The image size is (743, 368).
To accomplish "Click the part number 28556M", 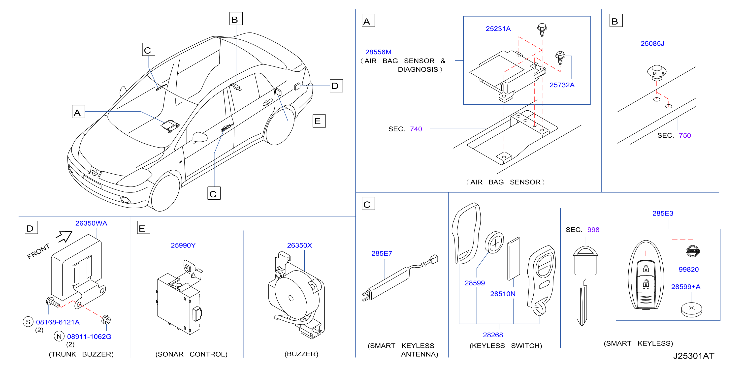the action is click(378, 52).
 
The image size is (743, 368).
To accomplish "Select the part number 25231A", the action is click(498, 29).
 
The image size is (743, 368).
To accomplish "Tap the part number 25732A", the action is click(562, 85).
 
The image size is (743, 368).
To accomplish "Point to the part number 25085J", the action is click(652, 44).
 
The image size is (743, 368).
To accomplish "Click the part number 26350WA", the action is click(91, 223).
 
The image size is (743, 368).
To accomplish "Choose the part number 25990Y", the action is click(183, 245).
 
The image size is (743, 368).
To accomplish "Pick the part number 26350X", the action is click(299, 245).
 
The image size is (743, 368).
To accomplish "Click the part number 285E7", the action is click(382, 253).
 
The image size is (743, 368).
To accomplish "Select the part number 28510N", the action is click(503, 294).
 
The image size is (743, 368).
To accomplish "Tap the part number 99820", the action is click(688, 270).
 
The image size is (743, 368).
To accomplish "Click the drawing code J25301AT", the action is click(694, 356).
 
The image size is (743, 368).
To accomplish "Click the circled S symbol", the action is click(28, 322).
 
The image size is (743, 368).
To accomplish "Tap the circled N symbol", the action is click(59, 337).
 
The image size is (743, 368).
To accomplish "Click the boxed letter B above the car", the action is click(236, 19).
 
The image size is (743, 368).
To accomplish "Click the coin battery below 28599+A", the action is click(691, 309).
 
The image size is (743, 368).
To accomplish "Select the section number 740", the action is click(416, 129).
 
